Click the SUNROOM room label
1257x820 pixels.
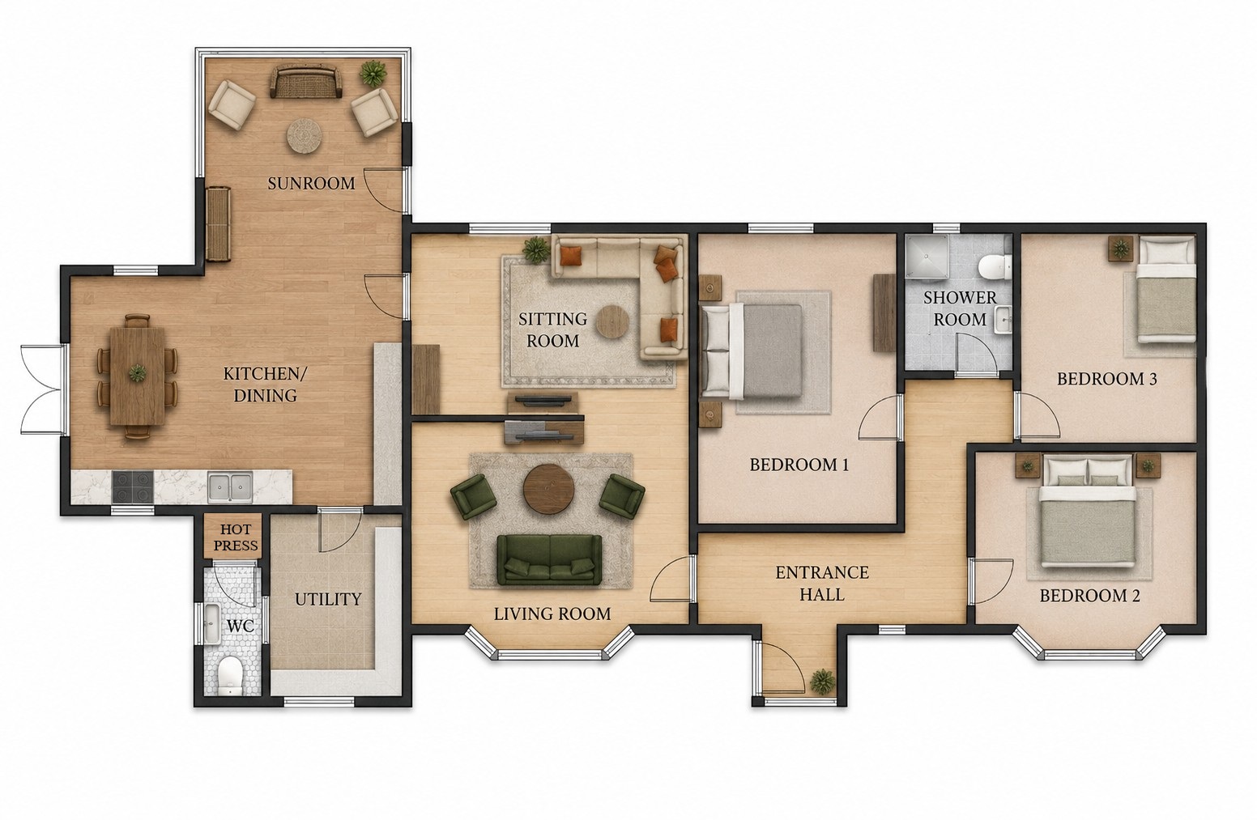click(311, 184)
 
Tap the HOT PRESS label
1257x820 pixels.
click(236, 537)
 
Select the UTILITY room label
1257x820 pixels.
click(328, 599)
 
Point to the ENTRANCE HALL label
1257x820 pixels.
click(822, 584)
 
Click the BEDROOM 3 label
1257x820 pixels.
click(1106, 379)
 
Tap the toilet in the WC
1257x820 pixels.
click(229, 675)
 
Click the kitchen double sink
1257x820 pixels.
click(230, 486)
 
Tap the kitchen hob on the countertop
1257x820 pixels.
click(133, 486)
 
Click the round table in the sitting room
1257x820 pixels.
click(613, 321)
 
